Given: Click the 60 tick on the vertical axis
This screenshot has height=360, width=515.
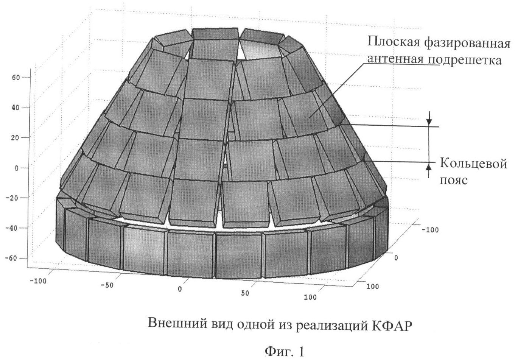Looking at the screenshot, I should pos(16,77).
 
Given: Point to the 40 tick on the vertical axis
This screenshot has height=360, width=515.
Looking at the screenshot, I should pos(16,107).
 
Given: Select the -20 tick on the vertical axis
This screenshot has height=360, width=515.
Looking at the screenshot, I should pos(14,198).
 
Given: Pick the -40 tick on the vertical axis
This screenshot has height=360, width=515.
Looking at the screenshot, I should pos(14,228).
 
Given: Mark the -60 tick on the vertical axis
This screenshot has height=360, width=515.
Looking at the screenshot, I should pos(14,258).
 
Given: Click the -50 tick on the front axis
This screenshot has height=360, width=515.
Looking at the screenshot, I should pos(107,285).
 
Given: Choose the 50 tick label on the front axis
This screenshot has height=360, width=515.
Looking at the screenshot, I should pos(245,293).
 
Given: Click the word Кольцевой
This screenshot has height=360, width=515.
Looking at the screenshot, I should pos(473,164).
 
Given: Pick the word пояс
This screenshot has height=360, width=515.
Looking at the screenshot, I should pos(453,180).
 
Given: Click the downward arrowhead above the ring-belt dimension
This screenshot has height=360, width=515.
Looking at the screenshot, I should pos(428,122).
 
